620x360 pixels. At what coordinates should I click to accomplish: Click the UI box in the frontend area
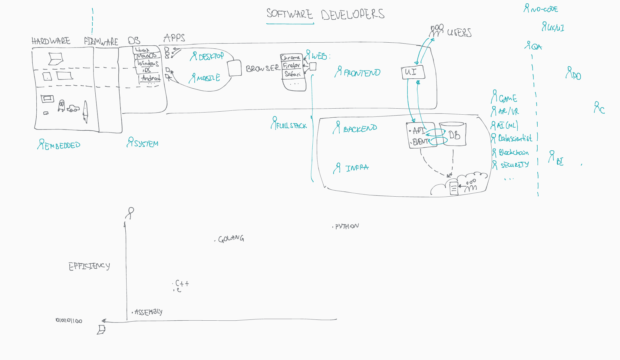click(413, 73)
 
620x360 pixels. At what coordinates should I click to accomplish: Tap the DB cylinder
click(453, 134)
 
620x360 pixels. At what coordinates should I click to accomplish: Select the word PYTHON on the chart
click(347, 226)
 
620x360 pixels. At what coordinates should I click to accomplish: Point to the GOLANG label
click(231, 239)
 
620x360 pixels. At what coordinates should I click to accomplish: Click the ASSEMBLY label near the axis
click(148, 312)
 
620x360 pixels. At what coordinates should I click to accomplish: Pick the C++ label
click(182, 283)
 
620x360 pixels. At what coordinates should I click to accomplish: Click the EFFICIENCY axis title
click(89, 266)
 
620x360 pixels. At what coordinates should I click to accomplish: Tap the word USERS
click(459, 33)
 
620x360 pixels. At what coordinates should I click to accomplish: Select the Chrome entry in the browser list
click(290, 58)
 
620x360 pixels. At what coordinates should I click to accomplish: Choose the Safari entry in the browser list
click(292, 74)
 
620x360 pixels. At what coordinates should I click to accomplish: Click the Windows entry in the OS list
click(148, 63)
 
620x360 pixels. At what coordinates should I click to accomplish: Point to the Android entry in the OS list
click(151, 78)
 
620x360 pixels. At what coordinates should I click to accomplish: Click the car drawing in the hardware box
click(73, 108)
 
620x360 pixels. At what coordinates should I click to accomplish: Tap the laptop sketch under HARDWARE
click(55, 59)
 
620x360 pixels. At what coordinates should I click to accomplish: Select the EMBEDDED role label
click(62, 146)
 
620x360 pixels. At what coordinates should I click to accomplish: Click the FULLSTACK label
click(291, 126)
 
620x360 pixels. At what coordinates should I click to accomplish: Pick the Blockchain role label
click(513, 152)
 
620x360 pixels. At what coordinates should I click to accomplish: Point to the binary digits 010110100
click(69, 321)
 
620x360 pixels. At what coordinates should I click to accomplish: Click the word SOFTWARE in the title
click(289, 14)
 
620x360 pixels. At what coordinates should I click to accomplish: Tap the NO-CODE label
click(544, 9)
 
